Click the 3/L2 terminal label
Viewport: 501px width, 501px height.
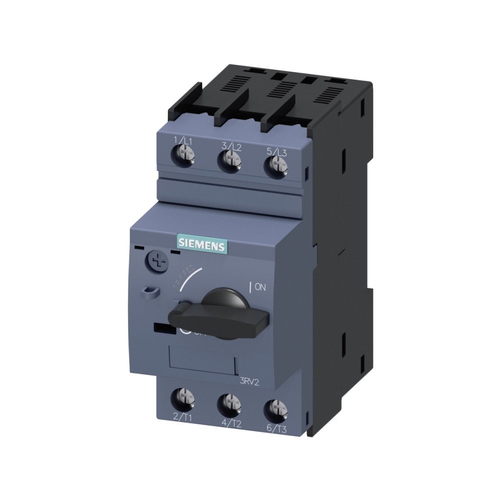click(231, 146)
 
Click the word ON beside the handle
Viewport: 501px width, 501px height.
click(261, 288)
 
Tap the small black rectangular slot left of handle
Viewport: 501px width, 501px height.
click(161, 329)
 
